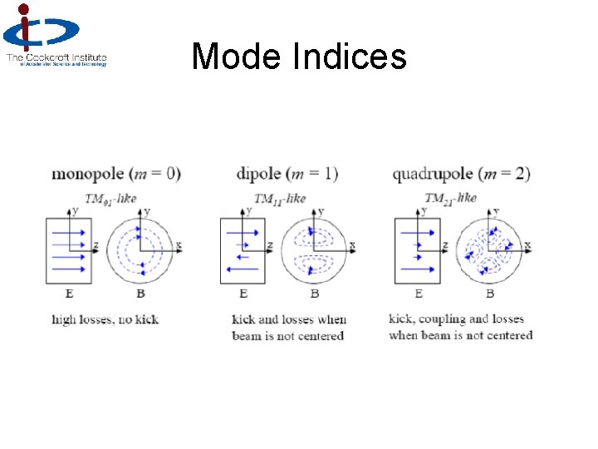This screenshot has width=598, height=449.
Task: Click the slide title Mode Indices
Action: (299, 57)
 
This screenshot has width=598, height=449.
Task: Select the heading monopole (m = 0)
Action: (115, 174)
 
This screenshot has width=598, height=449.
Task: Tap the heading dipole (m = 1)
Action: (287, 174)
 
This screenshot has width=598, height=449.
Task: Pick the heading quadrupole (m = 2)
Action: (461, 174)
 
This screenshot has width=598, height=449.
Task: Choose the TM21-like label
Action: (450, 198)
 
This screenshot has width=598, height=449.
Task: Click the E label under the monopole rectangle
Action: (68, 294)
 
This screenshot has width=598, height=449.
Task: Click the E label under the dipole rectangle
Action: (243, 294)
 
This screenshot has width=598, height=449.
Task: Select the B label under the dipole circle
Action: (315, 294)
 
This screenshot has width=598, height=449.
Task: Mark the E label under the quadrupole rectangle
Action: (418, 294)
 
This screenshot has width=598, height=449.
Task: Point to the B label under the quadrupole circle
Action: (490, 294)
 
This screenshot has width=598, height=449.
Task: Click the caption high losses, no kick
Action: (105, 319)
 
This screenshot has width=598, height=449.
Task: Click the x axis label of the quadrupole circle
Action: (527, 244)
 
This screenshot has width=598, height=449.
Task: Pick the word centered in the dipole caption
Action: (320, 336)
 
